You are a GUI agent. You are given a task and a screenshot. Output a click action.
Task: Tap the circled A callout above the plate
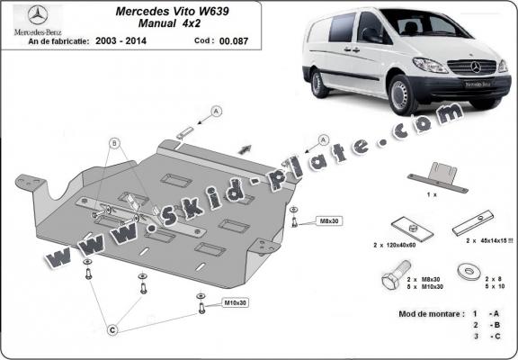pos(217,110)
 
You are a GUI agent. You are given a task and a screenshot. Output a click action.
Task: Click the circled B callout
pos(113,143)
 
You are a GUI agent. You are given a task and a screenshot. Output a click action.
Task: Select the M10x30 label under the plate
pos(236,302)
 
